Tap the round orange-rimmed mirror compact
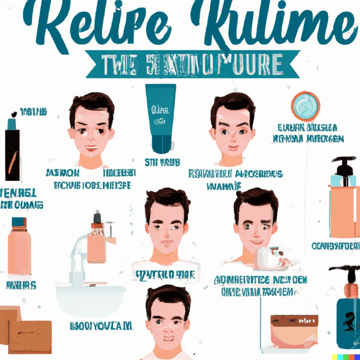305,106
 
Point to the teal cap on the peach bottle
19,222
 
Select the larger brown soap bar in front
30,336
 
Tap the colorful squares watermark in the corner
345,357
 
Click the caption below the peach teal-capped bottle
21,285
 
